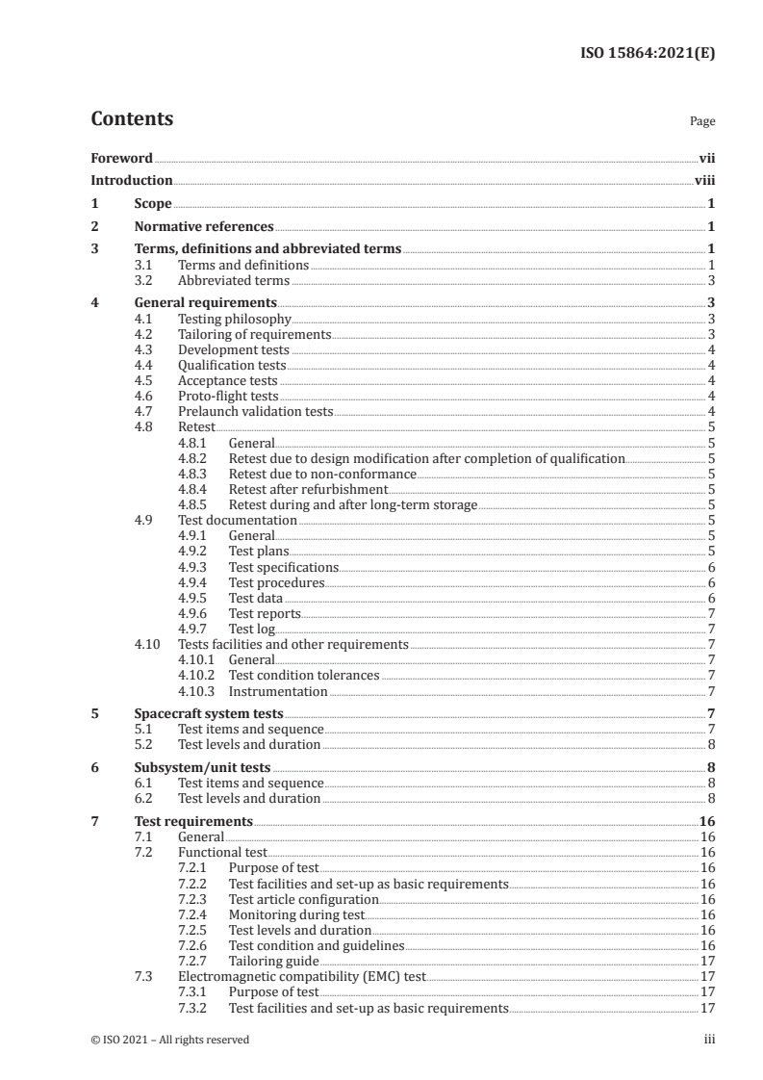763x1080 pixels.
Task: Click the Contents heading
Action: click(132, 120)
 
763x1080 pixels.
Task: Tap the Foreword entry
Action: click(121, 158)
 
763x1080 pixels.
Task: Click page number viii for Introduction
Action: click(704, 180)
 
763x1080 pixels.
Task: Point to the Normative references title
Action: click(204, 227)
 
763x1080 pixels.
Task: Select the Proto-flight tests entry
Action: click(228, 396)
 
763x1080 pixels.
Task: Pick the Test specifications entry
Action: click(284, 567)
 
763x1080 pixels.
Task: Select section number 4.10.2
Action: click(197, 676)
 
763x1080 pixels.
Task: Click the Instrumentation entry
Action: click(278, 691)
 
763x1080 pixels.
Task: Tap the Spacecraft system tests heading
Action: click(208, 714)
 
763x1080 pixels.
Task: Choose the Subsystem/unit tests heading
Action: click(201, 768)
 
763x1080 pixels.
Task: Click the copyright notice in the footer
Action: click(169, 1040)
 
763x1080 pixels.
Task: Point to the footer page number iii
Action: click(709, 1040)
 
